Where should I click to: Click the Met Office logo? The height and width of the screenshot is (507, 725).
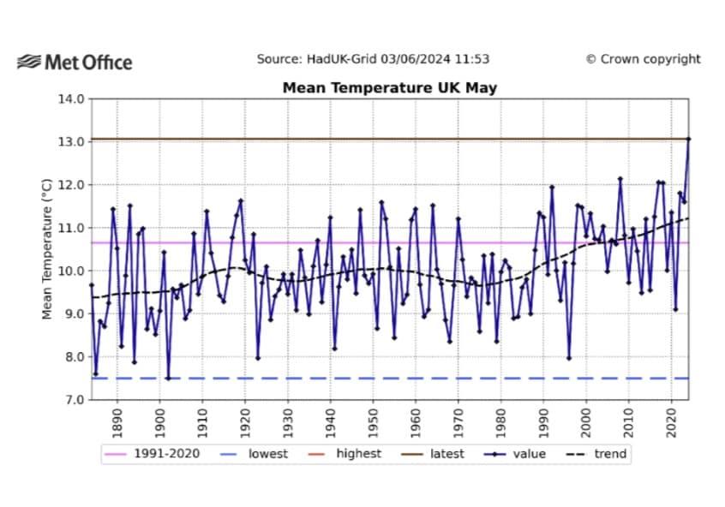75,62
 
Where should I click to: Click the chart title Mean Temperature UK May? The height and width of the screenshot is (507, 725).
390,87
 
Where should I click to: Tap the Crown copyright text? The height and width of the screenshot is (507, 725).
643,59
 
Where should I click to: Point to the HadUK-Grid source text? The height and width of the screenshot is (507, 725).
373,59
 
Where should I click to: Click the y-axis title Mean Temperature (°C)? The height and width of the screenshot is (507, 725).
48,249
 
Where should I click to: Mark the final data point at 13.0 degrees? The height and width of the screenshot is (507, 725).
688,139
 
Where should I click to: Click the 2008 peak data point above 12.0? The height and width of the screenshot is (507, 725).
620,179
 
